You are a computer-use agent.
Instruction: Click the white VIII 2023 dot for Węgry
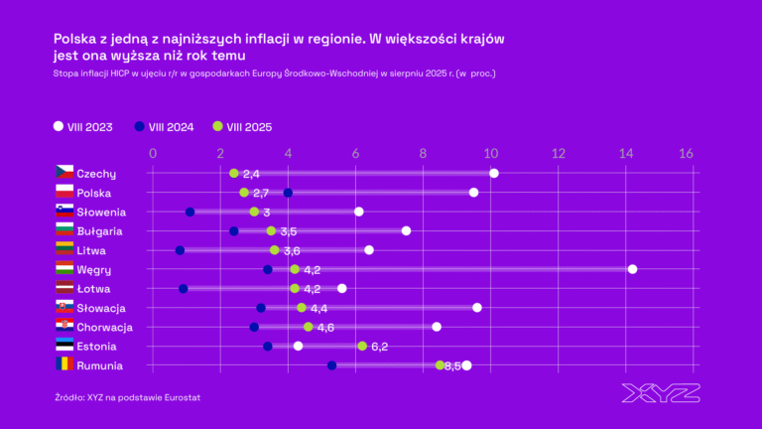[632, 269]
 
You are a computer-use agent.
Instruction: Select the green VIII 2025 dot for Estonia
[362, 346]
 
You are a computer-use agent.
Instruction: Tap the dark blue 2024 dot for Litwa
[180, 250]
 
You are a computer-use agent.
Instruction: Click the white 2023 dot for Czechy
[494, 174]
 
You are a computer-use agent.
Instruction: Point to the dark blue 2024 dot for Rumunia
[331, 365]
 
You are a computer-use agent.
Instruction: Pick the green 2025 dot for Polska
[244, 193]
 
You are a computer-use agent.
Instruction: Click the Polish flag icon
[64, 193]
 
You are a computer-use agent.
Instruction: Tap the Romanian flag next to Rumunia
[64, 364]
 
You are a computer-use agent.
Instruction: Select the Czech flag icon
[64, 173]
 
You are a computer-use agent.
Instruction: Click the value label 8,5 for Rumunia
[452, 366]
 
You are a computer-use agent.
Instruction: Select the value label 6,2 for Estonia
[380, 347]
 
